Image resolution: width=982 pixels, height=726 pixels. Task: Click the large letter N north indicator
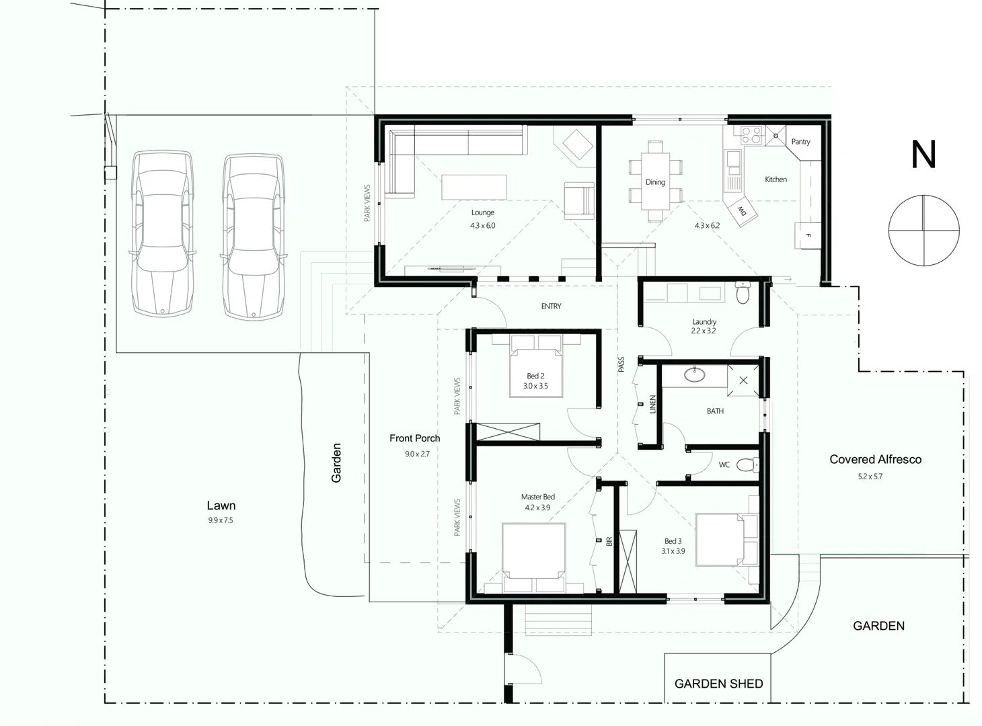[x=923, y=155]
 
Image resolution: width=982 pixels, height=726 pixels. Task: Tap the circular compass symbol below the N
[x=923, y=230]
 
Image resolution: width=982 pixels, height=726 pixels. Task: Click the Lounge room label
[x=482, y=212]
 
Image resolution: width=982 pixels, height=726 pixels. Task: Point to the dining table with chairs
[x=655, y=182]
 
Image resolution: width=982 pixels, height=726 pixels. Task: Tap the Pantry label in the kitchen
[x=800, y=142]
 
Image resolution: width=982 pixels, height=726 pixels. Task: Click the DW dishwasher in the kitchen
[x=743, y=211]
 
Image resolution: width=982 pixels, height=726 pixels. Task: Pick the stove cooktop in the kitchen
[x=751, y=136]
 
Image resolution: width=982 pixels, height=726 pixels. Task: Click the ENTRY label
[x=551, y=307]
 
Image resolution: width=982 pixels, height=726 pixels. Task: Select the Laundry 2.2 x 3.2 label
[x=704, y=327]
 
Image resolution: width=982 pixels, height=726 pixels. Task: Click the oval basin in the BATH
[x=694, y=374]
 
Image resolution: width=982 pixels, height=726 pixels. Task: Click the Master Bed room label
[x=537, y=497]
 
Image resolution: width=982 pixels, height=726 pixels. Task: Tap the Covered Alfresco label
[x=875, y=460]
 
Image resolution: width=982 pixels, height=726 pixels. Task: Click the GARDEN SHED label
[x=718, y=684]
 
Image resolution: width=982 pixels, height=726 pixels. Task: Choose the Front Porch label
[x=414, y=438]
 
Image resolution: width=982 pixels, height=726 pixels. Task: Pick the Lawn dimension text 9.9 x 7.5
[x=221, y=520]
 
